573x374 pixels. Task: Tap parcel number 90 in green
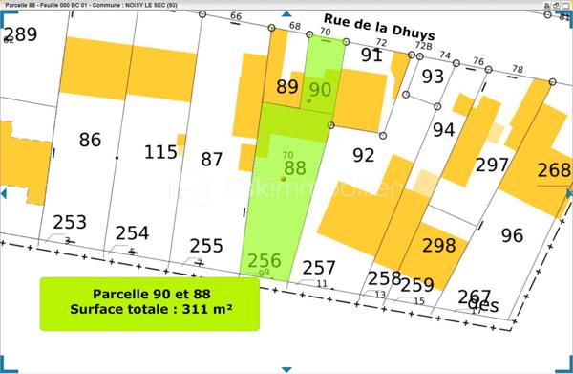[x=321, y=89]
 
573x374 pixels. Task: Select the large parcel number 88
[x=295, y=167]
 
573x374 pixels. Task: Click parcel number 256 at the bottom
[x=264, y=259]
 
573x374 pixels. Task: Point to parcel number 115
[x=160, y=151]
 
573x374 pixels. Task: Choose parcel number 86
[x=90, y=140]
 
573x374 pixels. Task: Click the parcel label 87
[x=212, y=159]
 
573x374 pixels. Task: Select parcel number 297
[x=492, y=165]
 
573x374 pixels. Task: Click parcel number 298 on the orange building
[x=438, y=244]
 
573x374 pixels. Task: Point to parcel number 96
[x=512, y=234]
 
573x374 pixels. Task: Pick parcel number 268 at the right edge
[x=554, y=170]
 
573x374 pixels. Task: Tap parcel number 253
[x=69, y=222]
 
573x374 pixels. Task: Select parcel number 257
[x=319, y=268]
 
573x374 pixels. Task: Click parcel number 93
[x=434, y=76]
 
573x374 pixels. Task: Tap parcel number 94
[x=444, y=128]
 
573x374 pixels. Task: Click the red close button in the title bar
[x=563, y=5]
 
